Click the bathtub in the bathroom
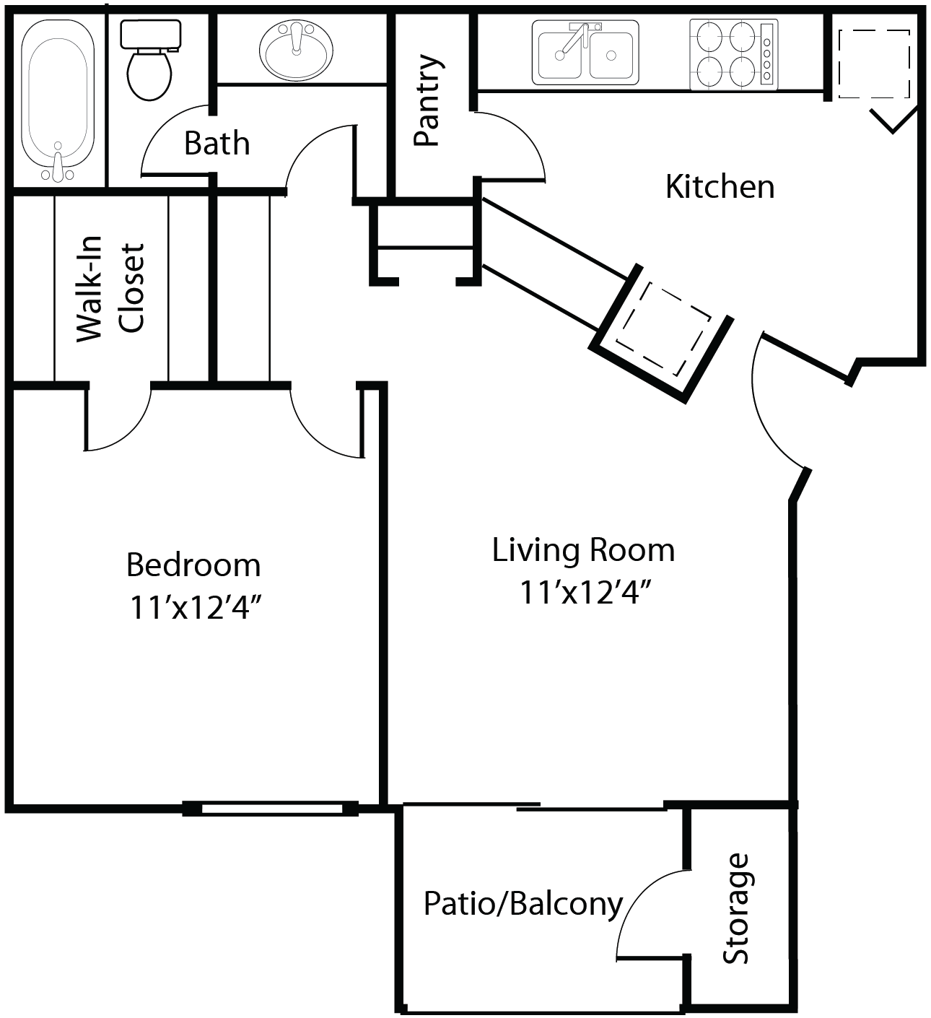coord(58,101)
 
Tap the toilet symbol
coord(150,61)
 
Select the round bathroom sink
coord(295,51)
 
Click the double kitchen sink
coord(585,53)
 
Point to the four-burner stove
coord(733,55)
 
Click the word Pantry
coord(427,100)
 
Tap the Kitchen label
coord(720,186)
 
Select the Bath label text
coord(217,143)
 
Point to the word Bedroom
coord(193,565)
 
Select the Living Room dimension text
coord(585,593)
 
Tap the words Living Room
coord(583,550)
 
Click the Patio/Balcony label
coord(523,904)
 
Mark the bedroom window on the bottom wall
coord(271,809)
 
